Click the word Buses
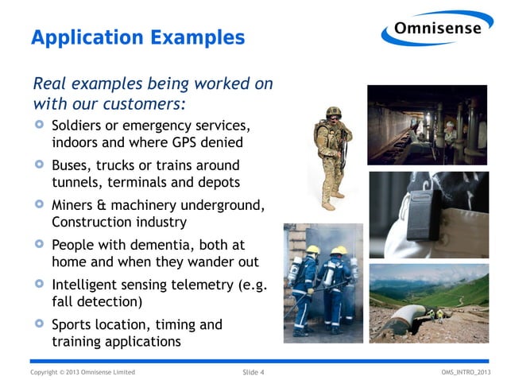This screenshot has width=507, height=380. (72, 166)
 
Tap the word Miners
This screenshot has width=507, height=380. (75, 205)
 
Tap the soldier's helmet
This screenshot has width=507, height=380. (335, 112)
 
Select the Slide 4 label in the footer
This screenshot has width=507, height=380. (253, 372)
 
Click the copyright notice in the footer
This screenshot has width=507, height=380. (83, 372)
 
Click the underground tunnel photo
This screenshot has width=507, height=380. (427, 124)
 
